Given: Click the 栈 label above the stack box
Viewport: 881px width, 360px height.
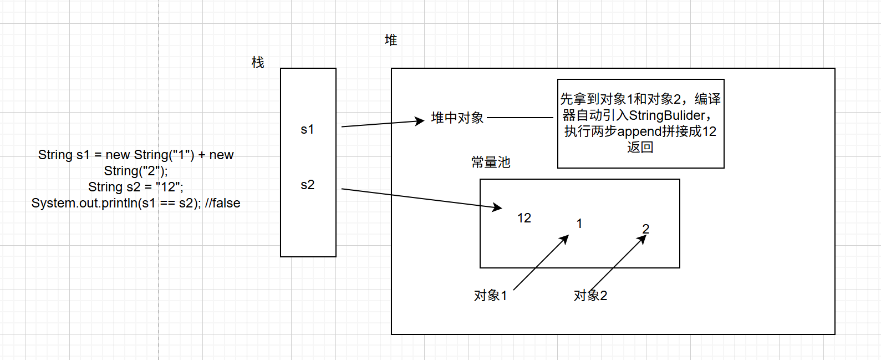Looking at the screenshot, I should point(258,63).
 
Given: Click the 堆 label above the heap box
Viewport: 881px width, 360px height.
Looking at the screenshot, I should point(391,40).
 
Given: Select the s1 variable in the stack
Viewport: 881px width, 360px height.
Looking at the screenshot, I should point(307,129).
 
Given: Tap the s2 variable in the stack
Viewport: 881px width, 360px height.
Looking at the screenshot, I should point(307,185).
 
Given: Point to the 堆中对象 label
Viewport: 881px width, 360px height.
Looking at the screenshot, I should point(457,118).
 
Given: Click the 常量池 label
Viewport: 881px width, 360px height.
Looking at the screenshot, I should point(491,163).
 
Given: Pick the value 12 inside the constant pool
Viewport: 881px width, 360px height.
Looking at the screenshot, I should point(524,218).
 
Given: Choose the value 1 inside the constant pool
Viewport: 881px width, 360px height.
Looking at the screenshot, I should point(579,224).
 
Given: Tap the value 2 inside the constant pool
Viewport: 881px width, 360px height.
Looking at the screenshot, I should point(646,229).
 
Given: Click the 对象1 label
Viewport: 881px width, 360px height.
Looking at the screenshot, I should point(491,296).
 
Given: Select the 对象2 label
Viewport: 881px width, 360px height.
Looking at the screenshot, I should point(590,296).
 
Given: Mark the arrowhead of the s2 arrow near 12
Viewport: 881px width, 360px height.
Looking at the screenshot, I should point(497,207).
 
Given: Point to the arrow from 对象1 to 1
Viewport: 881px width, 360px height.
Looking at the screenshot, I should point(541,262).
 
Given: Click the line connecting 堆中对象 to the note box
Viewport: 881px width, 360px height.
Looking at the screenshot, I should point(520,118).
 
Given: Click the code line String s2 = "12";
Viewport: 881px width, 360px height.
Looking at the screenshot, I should point(136,187).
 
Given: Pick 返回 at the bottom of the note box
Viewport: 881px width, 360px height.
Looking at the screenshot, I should point(640,148).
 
